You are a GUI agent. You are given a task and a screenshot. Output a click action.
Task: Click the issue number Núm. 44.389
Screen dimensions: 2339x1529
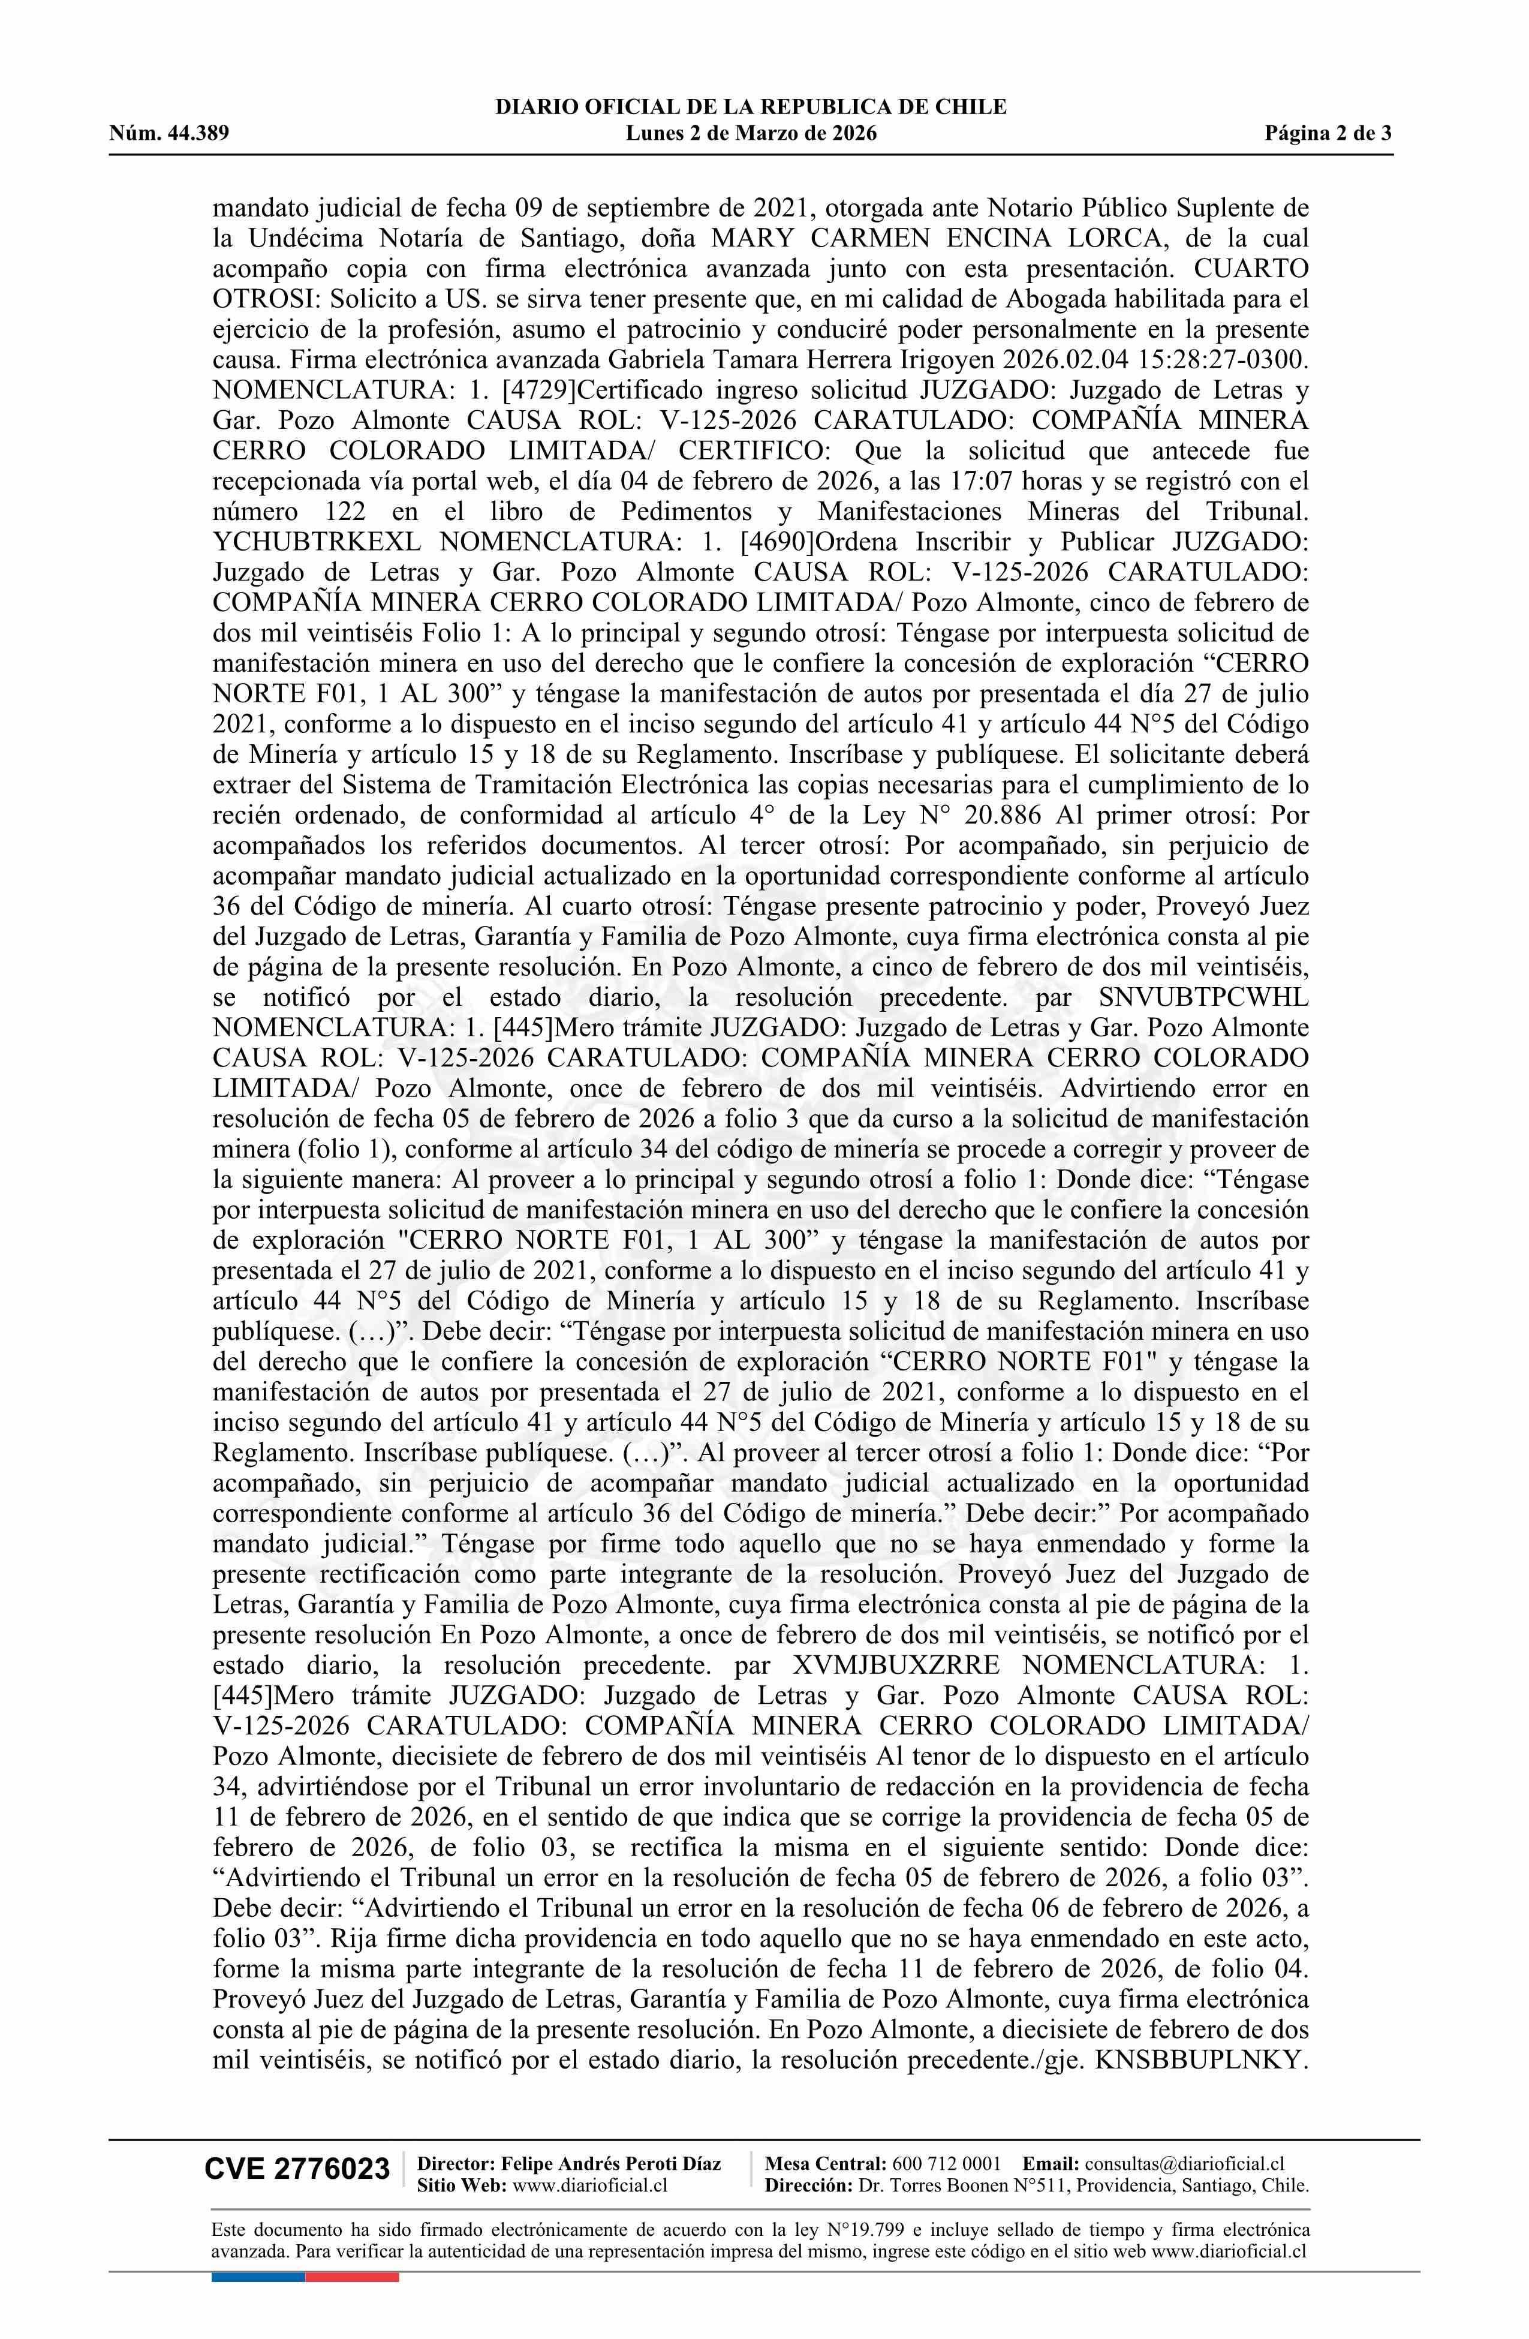(169, 134)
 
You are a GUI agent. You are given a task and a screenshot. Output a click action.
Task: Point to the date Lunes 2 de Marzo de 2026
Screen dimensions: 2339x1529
(751, 134)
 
